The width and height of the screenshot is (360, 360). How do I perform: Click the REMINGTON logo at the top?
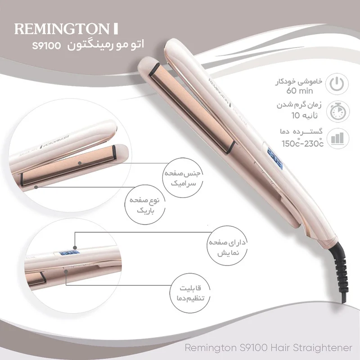point(66,29)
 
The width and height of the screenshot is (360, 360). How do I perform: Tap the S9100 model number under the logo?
point(46,46)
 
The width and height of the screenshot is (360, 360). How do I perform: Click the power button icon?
point(337,84)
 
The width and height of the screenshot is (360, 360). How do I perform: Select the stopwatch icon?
point(338,112)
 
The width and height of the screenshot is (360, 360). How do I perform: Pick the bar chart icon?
point(337,138)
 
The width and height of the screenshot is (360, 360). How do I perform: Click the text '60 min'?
point(300,91)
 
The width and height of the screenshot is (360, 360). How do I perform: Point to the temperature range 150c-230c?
point(303,144)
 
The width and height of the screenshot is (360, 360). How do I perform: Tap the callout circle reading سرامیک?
point(183,178)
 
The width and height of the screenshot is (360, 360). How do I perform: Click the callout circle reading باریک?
point(145,205)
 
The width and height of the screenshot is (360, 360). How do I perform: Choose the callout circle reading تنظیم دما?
point(190,292)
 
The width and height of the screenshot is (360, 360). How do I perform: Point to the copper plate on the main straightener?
point(193,108)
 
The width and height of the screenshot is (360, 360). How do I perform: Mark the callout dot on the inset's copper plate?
point(80,163)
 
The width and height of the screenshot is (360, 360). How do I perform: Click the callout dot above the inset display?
point(75,247)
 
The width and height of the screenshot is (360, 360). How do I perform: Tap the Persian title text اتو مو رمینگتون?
point(106,44)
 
